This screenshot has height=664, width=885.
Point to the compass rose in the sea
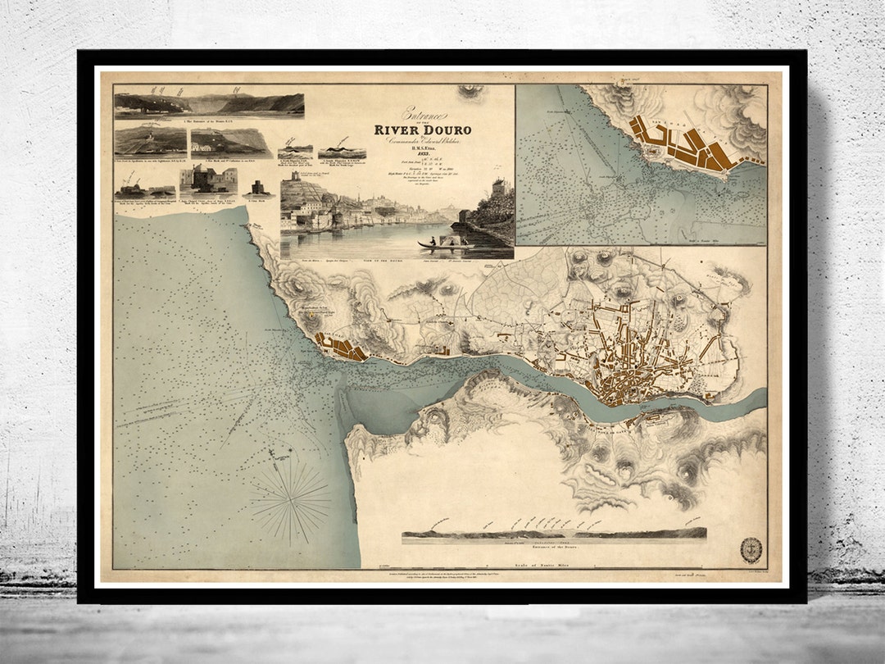tap(290, 494)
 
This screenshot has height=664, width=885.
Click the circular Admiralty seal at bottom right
tap(751, 548)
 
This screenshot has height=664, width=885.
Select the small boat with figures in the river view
tap(442, 243)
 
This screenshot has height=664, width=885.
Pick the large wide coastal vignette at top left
tap(209, 106)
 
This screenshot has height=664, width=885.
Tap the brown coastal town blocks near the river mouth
tap(344, 348)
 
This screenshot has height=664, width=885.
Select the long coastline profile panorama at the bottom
tap(554, 533)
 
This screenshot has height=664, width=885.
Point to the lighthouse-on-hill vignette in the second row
tap(150, 142)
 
